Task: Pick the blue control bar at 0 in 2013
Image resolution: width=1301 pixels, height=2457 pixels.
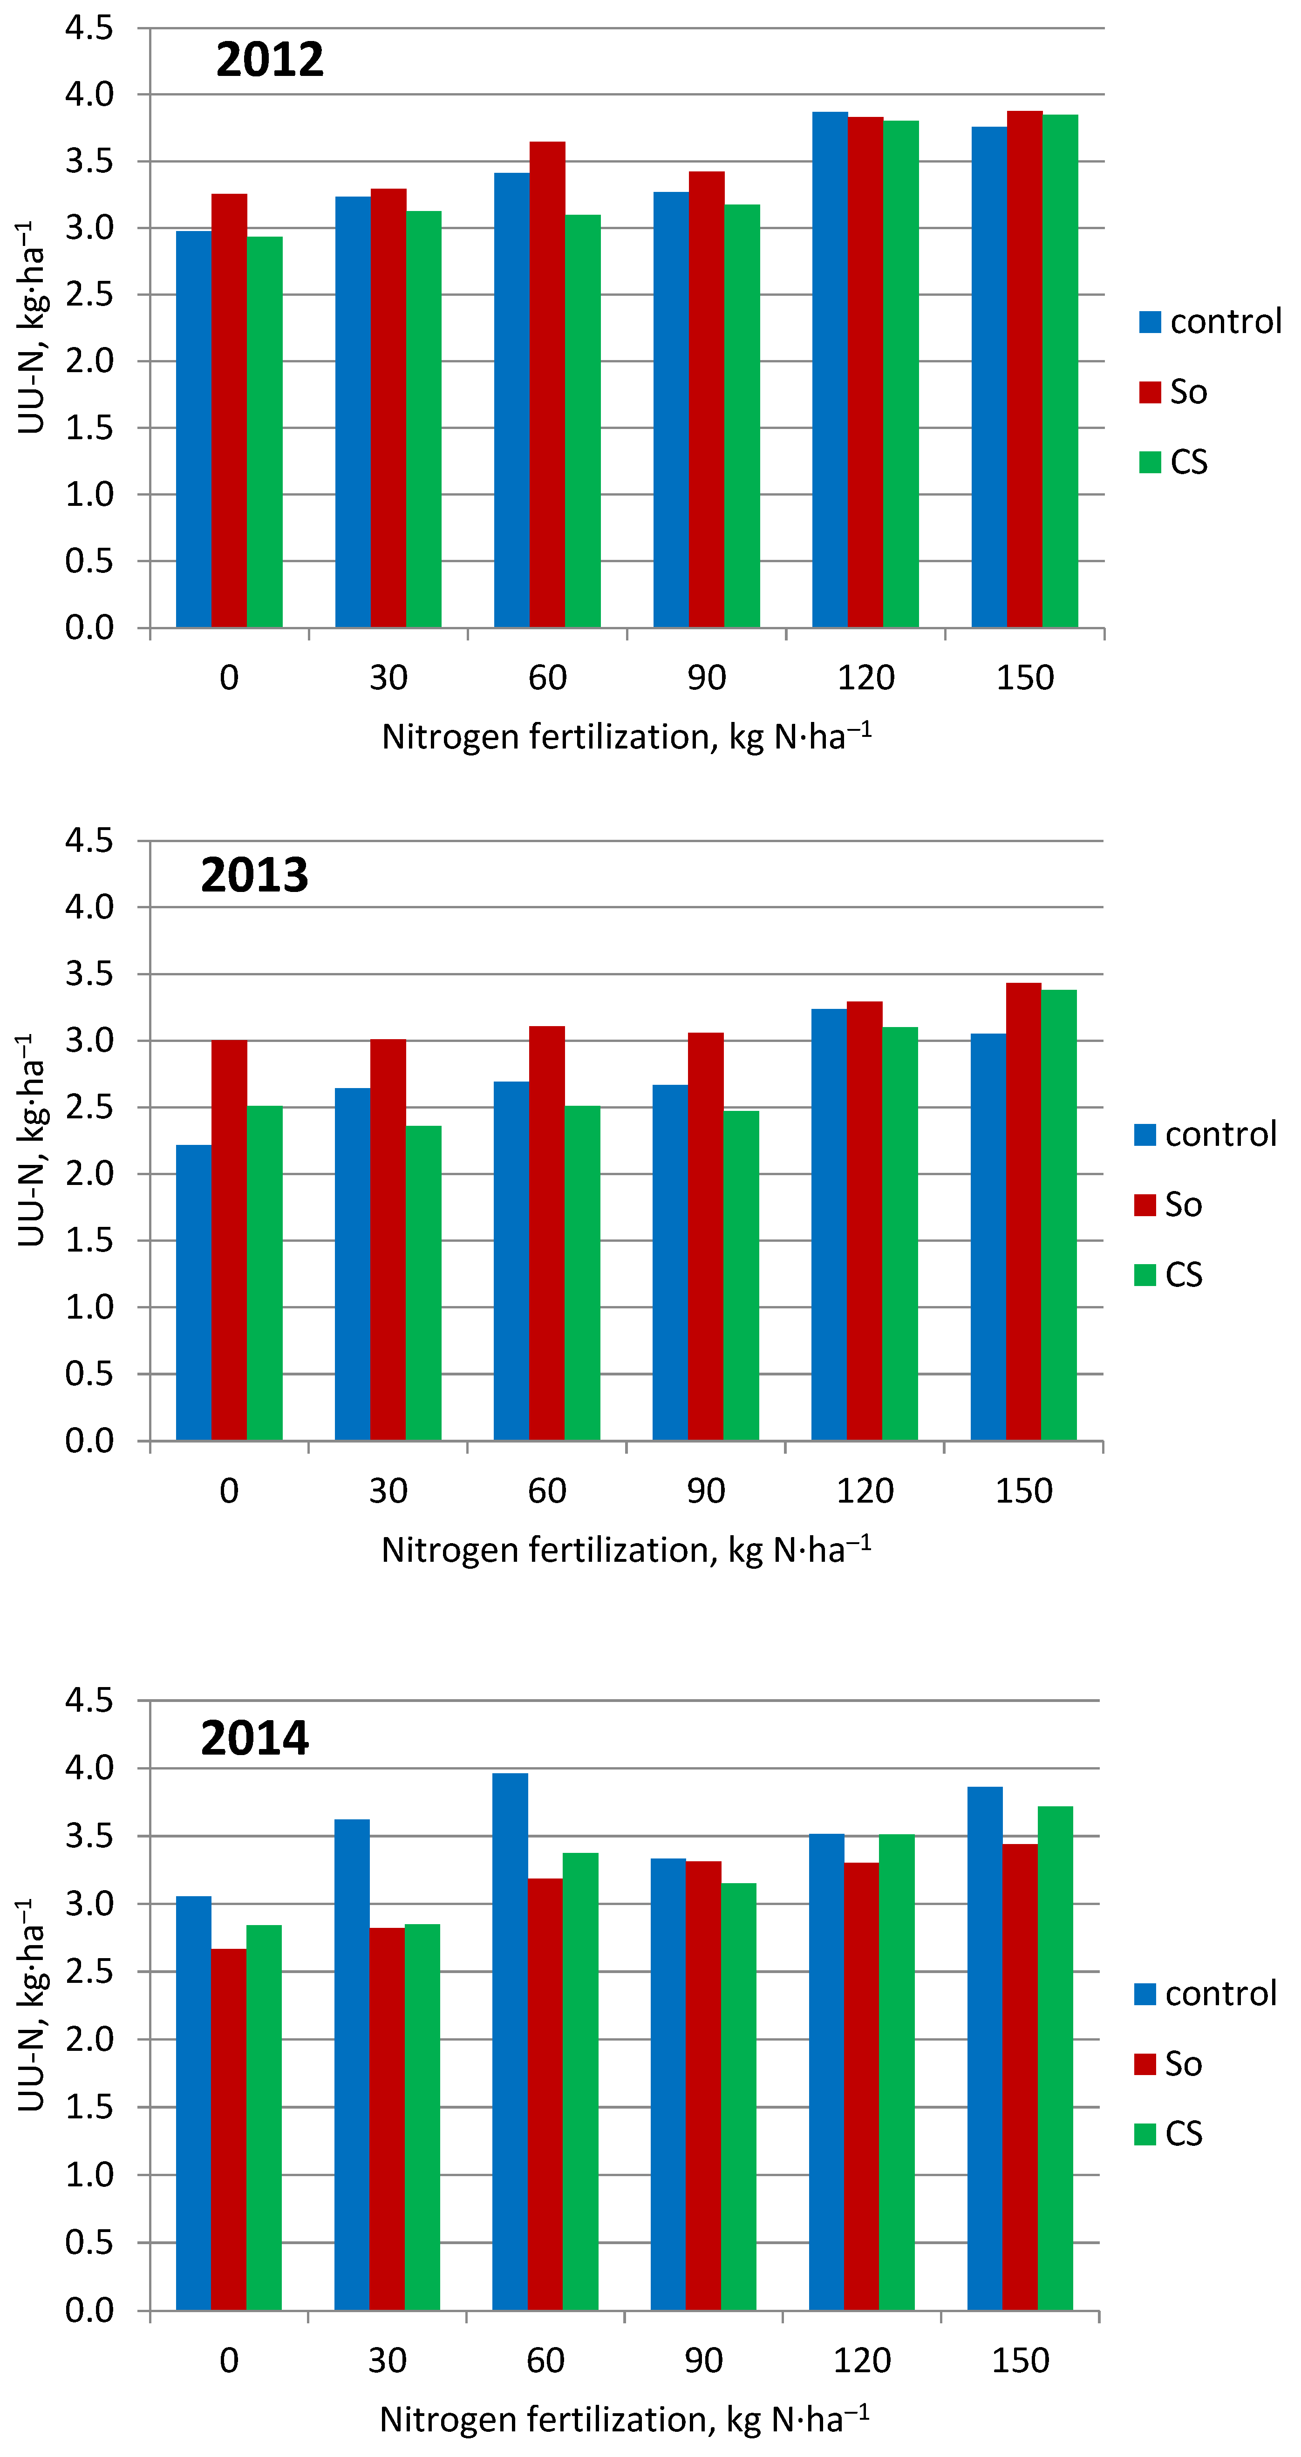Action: [194, 1293]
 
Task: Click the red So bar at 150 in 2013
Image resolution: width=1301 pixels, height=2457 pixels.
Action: [1023, 1211]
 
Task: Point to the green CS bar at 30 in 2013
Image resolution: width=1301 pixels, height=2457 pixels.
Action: [423, 1283]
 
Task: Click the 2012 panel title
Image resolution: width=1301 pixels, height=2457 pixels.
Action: [270, 60]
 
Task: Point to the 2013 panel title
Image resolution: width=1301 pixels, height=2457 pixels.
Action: [255, 875]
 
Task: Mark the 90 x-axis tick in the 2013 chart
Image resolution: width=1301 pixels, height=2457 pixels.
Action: [706, 1491]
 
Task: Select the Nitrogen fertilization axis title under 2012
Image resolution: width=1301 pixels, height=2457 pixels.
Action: [627, 737]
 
